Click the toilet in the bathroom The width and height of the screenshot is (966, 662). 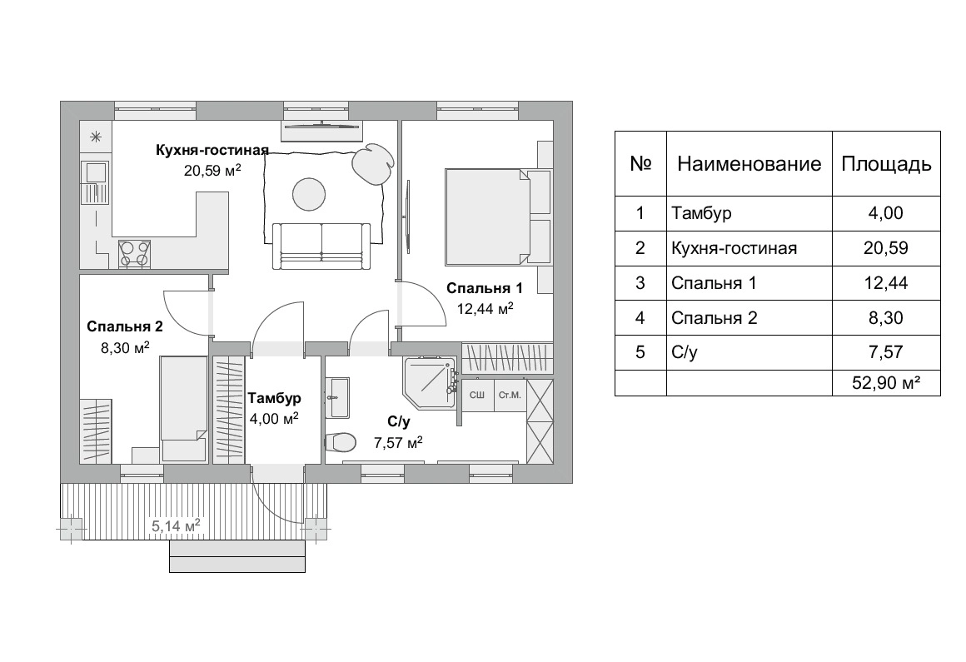point(341,441)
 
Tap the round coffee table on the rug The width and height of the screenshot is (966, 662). point(309,194)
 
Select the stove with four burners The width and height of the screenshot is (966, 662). point(134,253)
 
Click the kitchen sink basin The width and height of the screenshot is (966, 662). point(96,172)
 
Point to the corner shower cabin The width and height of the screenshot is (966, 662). point(430,382)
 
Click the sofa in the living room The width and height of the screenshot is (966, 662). point(321,246)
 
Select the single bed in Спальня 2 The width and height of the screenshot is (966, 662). point(183,408)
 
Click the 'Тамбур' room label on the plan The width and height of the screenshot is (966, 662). point(274,398)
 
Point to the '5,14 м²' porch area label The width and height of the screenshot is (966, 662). point(176,526)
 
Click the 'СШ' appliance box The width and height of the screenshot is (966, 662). point(477,396)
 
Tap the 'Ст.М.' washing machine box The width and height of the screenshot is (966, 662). point(510,396)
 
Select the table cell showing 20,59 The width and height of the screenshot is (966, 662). point(886,248)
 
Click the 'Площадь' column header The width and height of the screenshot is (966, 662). point(886,164)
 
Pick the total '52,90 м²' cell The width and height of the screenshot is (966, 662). point(886,383)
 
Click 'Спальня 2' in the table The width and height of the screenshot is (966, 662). point(714,318)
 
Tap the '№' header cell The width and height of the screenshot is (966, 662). point(640,164)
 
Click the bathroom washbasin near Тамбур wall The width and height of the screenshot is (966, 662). point(337,397)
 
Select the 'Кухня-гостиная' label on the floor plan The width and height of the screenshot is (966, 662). point(212,150)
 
